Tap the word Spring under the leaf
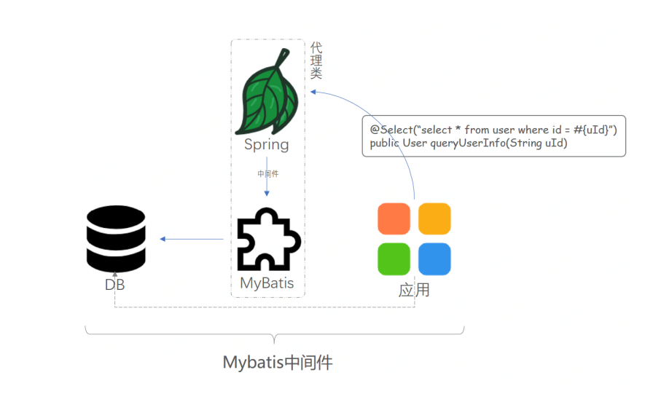pyautogui.click(x=267, y=144)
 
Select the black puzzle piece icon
pyautogui.click(x=267, y=241)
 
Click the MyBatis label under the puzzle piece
pyautogui.click(x=267, y=283)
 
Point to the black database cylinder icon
pyautogui.click(x=115, y=238)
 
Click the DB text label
pyautogui.click(x=115, y=285)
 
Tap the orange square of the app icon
pyautogui.click(x=394, y=218)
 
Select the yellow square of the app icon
pyautogui.click(x=434, y=218)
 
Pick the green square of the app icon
pyautogui.click(x=394, y=259)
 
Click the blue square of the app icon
pyautogui.click(x=434, y=259)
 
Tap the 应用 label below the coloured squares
pyautogui.click(x=414, y=290)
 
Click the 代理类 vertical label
pyautogui.click(x=316, y=60)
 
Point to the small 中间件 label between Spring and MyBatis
pyautogui.click(x=267, y=174)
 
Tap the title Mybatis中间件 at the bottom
pyautogui.click(x=278, y=362)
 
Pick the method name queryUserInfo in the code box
pyautogui.click(x=461, y=143)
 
